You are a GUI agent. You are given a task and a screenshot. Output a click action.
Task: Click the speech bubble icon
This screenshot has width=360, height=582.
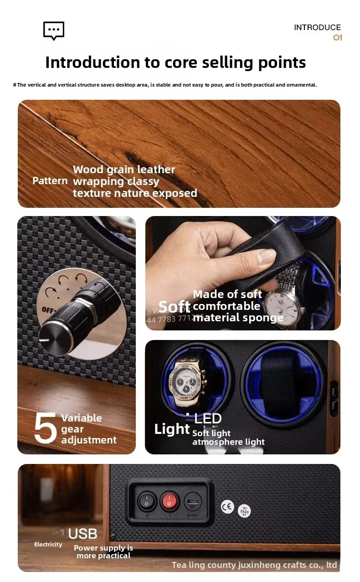[54, 31]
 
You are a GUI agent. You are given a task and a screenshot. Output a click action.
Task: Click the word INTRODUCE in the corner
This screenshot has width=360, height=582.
[317, 27]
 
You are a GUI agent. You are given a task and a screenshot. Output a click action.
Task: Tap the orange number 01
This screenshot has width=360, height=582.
[337, 37]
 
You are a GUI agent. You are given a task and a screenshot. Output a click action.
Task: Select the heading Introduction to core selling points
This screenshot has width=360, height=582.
[175, 62]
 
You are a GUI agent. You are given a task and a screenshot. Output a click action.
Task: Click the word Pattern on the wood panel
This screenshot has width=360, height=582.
[50, 180]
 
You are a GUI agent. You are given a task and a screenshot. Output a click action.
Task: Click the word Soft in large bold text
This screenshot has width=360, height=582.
[174, 306]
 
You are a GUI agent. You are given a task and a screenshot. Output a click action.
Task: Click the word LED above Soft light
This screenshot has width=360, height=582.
[208, 418]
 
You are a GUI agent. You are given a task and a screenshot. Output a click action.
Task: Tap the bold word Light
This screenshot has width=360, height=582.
[172, 429]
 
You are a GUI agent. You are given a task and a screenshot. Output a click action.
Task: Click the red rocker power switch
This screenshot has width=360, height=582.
[170, 501]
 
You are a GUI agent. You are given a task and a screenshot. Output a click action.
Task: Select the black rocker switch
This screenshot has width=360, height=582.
[147, 501]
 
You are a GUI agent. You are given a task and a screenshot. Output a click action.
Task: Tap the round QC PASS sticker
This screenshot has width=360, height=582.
[245, 511]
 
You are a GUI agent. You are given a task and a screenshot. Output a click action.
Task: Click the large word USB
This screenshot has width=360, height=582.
[82, 534]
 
